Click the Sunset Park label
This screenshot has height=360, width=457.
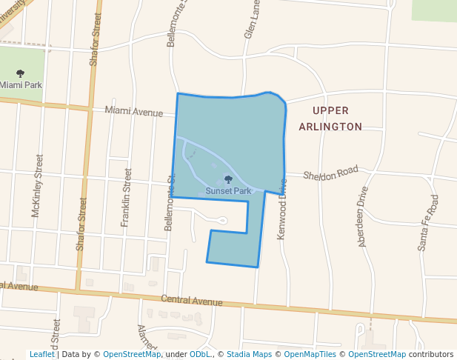click(229, 191)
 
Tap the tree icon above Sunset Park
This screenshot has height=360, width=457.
click(228, 179)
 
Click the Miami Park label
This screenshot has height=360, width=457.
click(21, 85)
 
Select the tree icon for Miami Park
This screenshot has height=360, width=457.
click(20, 73)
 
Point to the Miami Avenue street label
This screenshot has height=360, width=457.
click(133, 112)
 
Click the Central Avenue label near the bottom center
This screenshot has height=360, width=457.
click(192, 301)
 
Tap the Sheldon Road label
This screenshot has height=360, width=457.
click(331, 174)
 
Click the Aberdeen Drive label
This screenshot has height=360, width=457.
click(363, 216)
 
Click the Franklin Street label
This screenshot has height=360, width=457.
click(126, 192)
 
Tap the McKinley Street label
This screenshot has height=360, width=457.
click(37, 186)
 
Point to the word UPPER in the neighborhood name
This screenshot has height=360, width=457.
click(330, 110)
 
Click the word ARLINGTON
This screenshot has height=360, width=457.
click(330, 127)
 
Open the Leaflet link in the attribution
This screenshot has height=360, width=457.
click(42, 354)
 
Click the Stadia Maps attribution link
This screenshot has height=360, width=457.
click(249, 354)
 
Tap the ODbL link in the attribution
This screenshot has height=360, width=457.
click(196, 354)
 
